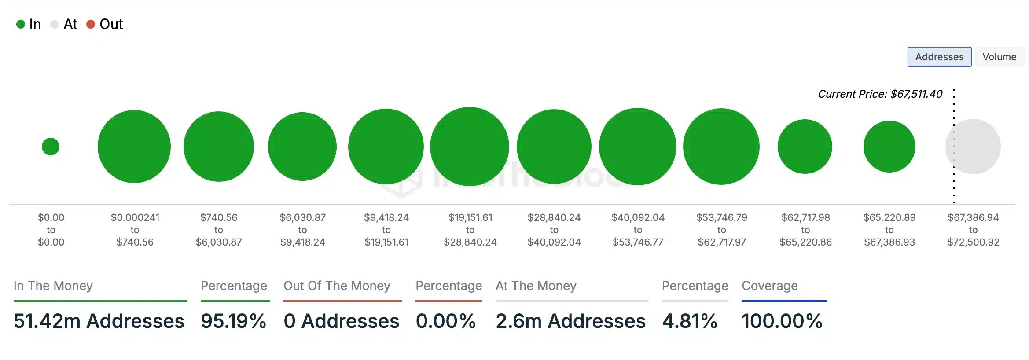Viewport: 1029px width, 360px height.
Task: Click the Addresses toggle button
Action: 939,57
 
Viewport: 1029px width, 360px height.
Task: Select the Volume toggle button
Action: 999,57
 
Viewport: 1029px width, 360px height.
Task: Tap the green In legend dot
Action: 20,24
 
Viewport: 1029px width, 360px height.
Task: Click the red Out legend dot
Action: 91,24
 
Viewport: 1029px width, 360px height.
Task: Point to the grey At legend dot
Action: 55,24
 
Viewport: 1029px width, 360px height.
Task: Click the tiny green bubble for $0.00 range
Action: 51,147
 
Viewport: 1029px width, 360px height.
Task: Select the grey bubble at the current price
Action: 973,147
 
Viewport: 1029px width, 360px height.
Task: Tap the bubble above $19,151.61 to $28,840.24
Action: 470,147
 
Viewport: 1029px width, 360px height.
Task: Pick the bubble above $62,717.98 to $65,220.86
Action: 805,147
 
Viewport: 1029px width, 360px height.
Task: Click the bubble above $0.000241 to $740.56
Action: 134,147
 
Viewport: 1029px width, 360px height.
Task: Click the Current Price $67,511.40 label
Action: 880,94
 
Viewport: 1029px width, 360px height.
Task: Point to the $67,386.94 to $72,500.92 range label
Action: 973,230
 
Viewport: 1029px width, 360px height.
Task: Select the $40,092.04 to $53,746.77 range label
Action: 638,230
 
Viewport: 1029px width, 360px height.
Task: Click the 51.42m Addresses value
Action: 99,321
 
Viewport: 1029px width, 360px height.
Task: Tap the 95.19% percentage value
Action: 234,321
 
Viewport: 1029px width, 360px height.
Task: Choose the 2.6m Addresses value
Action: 570,321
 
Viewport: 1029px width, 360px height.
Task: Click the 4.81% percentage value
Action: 690,321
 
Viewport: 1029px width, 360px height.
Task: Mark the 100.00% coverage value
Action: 782,321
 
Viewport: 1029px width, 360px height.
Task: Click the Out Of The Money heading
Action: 337,286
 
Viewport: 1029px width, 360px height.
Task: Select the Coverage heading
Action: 770,286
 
